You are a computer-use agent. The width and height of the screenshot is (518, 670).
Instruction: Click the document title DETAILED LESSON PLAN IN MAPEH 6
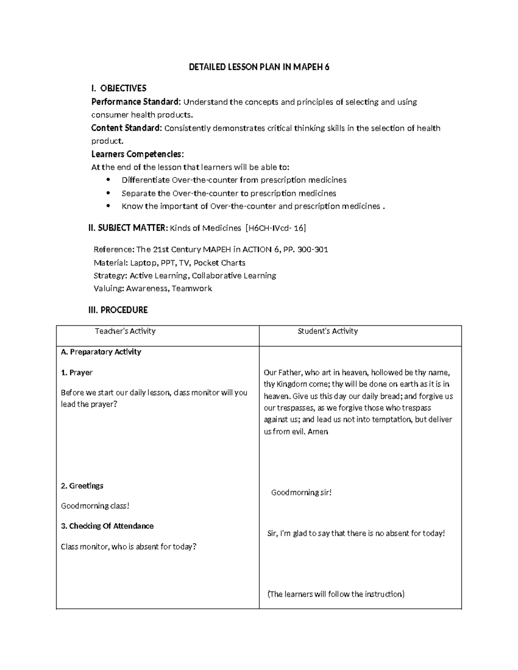[259, 67]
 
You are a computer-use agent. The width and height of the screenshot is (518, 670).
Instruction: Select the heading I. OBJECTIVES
[119, 88]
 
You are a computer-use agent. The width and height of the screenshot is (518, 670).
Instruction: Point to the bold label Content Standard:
[126, 128]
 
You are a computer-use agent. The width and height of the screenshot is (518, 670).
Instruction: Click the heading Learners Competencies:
[137, 154]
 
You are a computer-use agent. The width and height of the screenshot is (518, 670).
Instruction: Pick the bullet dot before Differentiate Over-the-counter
[108, 180]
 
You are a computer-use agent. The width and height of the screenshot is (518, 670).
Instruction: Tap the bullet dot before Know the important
[108, 206]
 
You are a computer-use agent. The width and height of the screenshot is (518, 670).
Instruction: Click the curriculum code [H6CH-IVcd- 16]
[275, 228]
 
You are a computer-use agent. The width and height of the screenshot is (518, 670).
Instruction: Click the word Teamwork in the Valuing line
[192, 289]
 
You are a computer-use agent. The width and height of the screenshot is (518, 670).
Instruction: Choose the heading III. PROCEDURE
[118, 310]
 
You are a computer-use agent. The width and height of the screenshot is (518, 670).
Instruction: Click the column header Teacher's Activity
[125, 331]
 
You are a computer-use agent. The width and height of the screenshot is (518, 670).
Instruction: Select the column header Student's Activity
[328, 331]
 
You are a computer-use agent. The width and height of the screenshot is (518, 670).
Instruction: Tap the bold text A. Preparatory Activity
[101, 352]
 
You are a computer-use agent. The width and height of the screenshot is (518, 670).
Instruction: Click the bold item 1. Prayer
[77, 372]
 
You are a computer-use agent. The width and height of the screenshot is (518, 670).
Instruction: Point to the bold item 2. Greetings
[82, 486]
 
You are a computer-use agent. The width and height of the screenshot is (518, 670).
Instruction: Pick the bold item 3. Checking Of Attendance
[107, 526]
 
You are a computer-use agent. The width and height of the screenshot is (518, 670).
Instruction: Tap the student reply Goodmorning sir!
[301, 492]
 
